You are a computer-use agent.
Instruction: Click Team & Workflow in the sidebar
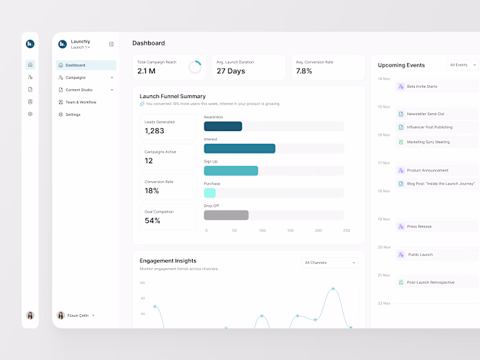click(x=81, y=102)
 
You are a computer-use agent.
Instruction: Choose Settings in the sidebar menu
click(x=73, y=115)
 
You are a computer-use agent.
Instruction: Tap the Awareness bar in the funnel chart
click(x=223, y=126)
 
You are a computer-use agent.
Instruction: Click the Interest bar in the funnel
click(x=239, y=148)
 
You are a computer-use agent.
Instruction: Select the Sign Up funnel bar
click(x=230, y=171)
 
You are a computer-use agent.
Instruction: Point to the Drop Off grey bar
click(x=226, y=215)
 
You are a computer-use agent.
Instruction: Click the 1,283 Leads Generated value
click(x=154, y=131)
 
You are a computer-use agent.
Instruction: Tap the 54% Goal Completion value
click(x=152, y=221)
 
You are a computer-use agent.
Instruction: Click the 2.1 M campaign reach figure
click(x=146, y=71)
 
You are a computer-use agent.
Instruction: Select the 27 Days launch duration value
click(x=230, y=71)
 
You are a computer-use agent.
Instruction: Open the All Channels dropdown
click(x=330, y=263)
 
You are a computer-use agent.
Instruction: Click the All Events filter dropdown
click(x=463, y=65)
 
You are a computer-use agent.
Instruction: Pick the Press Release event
click(x=419, y=226)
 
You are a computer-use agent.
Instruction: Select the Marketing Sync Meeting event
click(x=428, y=142)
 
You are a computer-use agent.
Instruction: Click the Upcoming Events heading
click(x=401, y=65)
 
